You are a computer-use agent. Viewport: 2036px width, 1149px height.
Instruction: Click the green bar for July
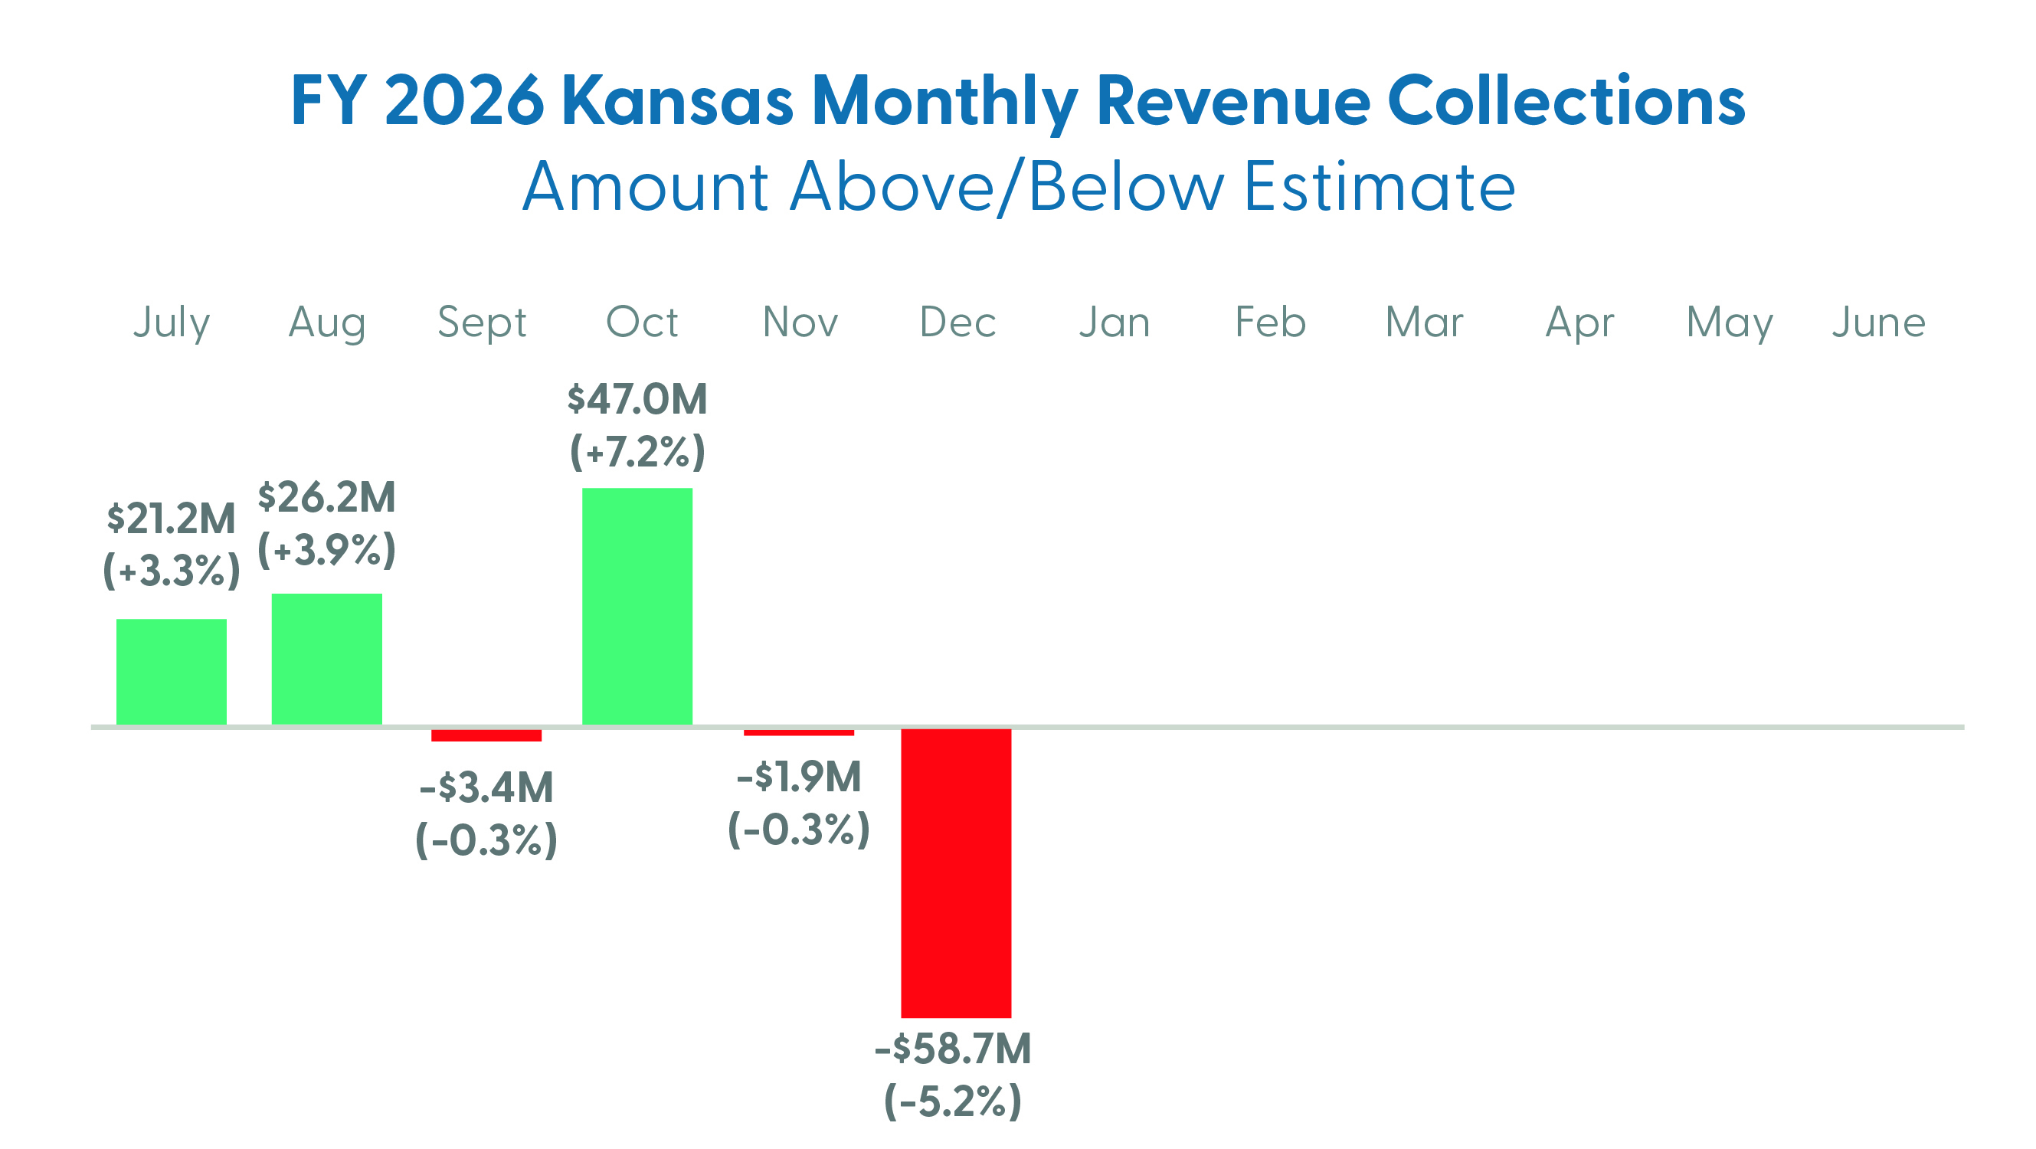coord(172,671)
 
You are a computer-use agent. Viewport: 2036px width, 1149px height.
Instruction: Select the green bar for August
coord(326,658)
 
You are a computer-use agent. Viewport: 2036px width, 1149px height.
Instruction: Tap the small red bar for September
coord(486,735)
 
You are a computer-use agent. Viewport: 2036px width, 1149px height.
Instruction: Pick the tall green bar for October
coord(637,606)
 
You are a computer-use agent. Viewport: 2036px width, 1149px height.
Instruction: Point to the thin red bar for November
coord(798,732)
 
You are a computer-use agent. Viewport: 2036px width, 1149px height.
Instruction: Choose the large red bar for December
coord(955,872)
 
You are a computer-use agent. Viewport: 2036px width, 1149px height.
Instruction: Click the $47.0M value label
coord(637,399)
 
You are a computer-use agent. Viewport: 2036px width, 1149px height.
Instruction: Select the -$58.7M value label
coord(952,1049)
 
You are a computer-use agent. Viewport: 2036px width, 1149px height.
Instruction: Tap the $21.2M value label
coord(172,519)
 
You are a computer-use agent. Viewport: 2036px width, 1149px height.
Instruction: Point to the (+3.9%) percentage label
coord(326,549)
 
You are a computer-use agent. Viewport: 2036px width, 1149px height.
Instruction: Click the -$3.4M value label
coord(486,787)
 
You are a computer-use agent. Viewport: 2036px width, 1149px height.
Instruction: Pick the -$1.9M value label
coord(798,777)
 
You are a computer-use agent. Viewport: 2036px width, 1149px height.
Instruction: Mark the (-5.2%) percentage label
coord(952,1101)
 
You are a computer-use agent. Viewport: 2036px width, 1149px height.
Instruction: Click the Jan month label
coord(1115,322)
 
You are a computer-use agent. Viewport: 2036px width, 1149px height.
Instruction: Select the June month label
coord(1879,322)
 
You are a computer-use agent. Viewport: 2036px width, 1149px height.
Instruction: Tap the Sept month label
coord(482,322)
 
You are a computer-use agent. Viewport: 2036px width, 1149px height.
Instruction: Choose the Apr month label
coord(1579,322)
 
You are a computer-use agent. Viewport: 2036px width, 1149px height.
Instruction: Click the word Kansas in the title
coord(676,101)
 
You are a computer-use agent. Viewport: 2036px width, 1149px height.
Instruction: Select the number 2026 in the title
coord(464,101)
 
